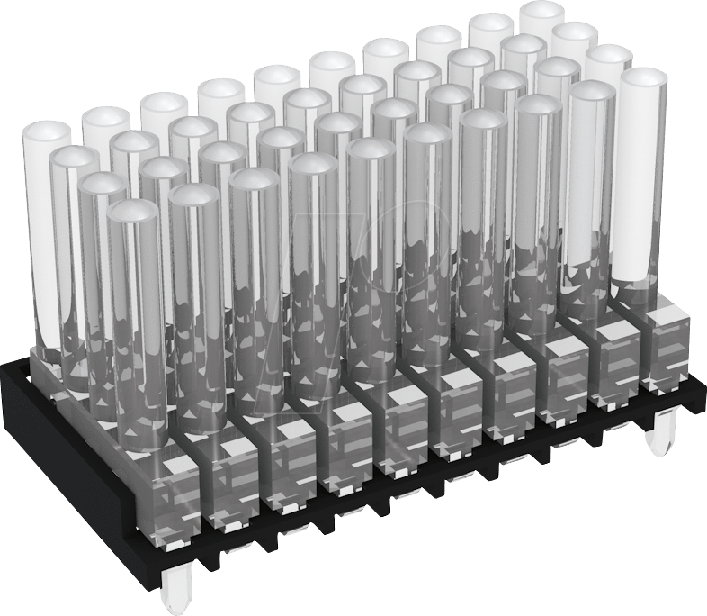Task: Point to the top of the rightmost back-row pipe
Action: [542, 14]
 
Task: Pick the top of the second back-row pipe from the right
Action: [491, 26]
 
